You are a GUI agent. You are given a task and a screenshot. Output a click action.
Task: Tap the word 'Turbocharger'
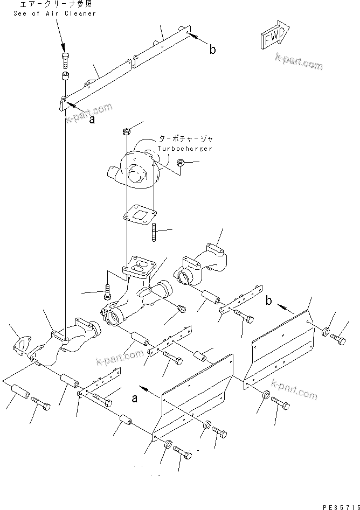185,148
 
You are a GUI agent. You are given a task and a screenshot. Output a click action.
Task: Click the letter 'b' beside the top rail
212,50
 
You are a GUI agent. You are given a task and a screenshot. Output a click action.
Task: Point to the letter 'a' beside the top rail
92,120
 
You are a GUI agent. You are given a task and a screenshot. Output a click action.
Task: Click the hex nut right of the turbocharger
181,162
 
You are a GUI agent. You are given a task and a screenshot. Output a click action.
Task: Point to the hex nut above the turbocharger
126,131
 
